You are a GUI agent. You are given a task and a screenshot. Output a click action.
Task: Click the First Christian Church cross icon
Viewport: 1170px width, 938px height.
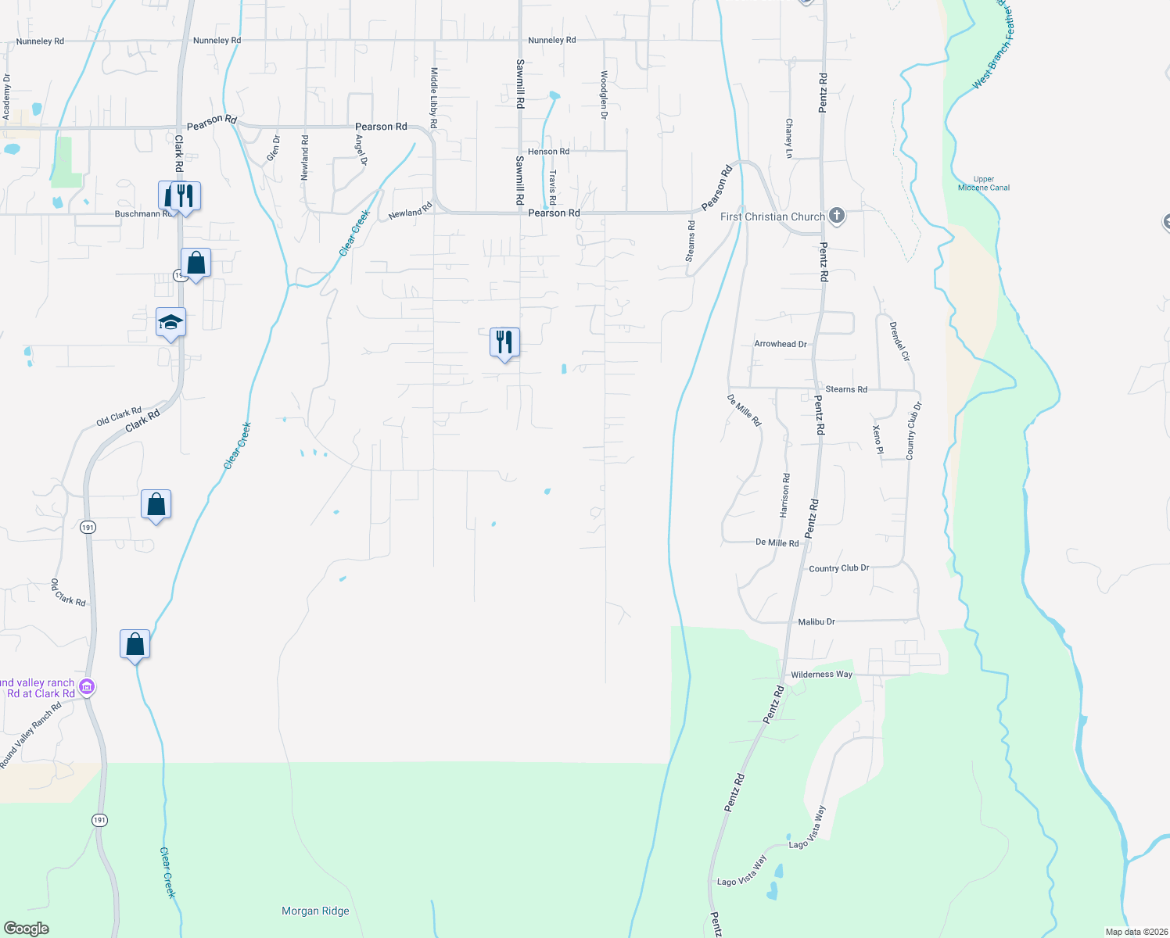[x=836, y=216]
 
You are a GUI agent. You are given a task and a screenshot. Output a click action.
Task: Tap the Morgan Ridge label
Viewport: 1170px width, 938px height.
[x=315, y=911]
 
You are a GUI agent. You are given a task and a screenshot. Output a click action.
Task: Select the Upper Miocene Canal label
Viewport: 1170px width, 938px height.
[x=984, y=184]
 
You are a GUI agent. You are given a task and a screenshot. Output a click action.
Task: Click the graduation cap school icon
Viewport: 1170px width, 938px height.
[x=170, y=322]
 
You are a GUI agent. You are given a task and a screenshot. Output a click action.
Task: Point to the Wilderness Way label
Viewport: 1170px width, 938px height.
[x=821, y=675]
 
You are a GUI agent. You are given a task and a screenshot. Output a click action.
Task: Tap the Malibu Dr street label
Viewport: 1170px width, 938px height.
[x=816, y=622]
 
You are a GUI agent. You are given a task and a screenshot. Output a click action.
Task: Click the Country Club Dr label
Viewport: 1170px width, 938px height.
[x=839, y=568]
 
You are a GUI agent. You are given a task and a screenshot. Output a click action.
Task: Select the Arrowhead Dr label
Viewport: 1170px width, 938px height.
[x=780, y=344]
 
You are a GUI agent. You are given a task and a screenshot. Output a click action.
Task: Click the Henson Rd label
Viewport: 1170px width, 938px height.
[x=548, y=152]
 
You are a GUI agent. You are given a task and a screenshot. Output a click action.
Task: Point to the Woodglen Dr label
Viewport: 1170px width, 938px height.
[x=604, y=95]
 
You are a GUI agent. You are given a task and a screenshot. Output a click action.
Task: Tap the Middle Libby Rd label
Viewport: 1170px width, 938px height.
[x=434, y=98]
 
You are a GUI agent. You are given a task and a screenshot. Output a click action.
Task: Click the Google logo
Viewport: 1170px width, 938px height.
[x=26, y=929]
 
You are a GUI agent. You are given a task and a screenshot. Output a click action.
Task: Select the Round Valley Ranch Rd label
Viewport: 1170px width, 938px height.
[x=31, y=736]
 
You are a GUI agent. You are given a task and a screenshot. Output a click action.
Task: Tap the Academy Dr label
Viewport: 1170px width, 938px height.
[x=7, y=97]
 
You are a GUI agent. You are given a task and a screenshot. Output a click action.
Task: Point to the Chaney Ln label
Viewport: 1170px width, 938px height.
[x=789, y=138]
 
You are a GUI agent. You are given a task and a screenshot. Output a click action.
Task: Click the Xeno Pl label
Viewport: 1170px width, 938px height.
[x=877, y=439]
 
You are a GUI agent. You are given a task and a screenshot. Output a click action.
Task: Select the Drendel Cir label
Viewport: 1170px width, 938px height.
[x=900, y=341]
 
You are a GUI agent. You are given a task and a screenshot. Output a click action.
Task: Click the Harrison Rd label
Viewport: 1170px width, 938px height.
[x=784, y=495]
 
